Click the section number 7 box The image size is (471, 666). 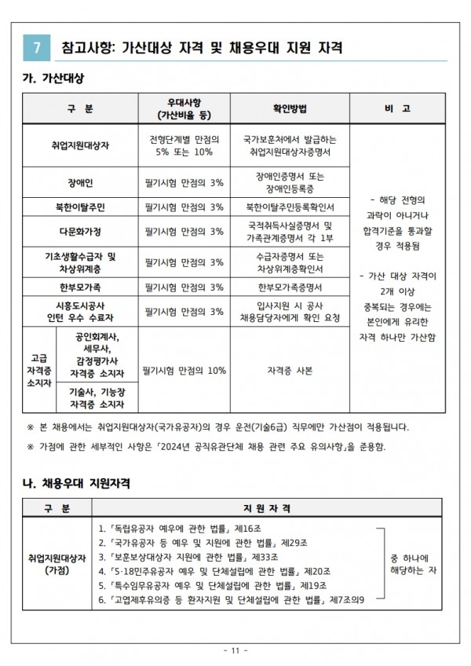coord(35,47)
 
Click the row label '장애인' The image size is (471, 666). coord(80,182)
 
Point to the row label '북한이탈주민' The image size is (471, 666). coord(80,207)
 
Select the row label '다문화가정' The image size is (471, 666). coord(80,232)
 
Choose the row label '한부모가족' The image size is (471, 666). coord(80,287)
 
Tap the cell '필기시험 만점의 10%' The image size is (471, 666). coord(184,370)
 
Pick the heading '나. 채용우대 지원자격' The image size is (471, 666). coord(75,480)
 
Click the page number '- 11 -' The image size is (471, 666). coord(235,650)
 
